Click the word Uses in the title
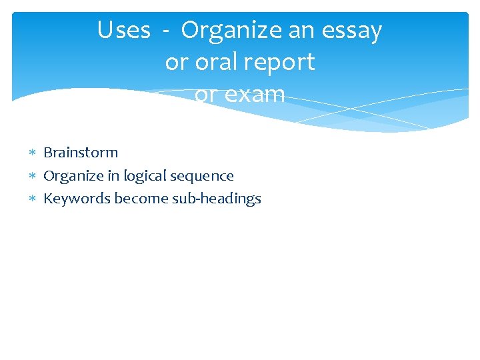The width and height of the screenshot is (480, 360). point(123,31)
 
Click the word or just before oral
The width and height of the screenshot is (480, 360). point(177,63)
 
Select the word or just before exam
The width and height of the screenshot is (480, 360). point(205,95)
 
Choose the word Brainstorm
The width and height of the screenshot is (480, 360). point(81,153)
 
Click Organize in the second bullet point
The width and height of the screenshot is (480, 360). point(71,177)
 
